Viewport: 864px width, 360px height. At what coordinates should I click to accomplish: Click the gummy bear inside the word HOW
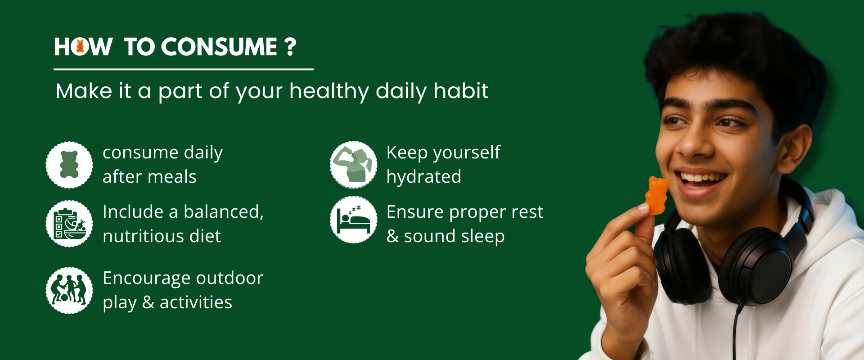click(80, 46)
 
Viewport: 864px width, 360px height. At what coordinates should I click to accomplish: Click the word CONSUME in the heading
click(219, 47)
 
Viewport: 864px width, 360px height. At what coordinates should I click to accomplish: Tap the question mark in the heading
click(291, 47)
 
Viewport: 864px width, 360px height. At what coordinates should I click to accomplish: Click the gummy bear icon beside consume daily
click(69, 165)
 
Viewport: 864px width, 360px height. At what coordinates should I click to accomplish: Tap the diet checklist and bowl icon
click(69, 224)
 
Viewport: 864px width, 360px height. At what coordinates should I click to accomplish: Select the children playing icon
click(69, 290)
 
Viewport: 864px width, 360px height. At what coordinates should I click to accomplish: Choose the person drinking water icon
click(353, 165)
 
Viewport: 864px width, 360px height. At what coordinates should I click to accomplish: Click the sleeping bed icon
click(353, 220)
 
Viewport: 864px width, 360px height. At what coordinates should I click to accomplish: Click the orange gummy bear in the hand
click(657, 195)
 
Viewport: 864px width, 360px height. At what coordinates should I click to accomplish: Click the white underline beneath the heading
click(184, 69)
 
